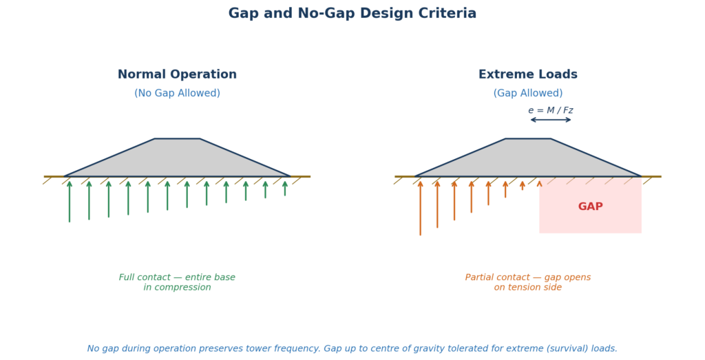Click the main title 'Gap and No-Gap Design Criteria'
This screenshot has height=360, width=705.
(352, 14)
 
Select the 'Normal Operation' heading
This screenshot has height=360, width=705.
(177, 74)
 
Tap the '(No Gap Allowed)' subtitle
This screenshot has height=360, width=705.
(177, 94)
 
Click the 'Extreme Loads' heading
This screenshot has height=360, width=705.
(527, 74)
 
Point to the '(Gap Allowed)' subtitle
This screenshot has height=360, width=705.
(527, 94)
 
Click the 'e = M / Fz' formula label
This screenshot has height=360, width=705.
(550, 110)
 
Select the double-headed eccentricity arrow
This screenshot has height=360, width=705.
(550, 120)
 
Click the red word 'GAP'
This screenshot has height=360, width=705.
(590, 207)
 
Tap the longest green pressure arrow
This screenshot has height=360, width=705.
(70, 202)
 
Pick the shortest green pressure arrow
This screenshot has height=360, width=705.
(285, 188)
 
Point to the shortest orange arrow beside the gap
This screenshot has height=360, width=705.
(539, 184)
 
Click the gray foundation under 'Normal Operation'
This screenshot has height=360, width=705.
(177, 160)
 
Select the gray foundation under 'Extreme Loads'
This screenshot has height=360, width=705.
(527, 160)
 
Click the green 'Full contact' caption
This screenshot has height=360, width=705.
(177, 282)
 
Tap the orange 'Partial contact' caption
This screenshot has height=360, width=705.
(527, 282)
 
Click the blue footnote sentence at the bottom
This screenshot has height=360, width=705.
(352, 349)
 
